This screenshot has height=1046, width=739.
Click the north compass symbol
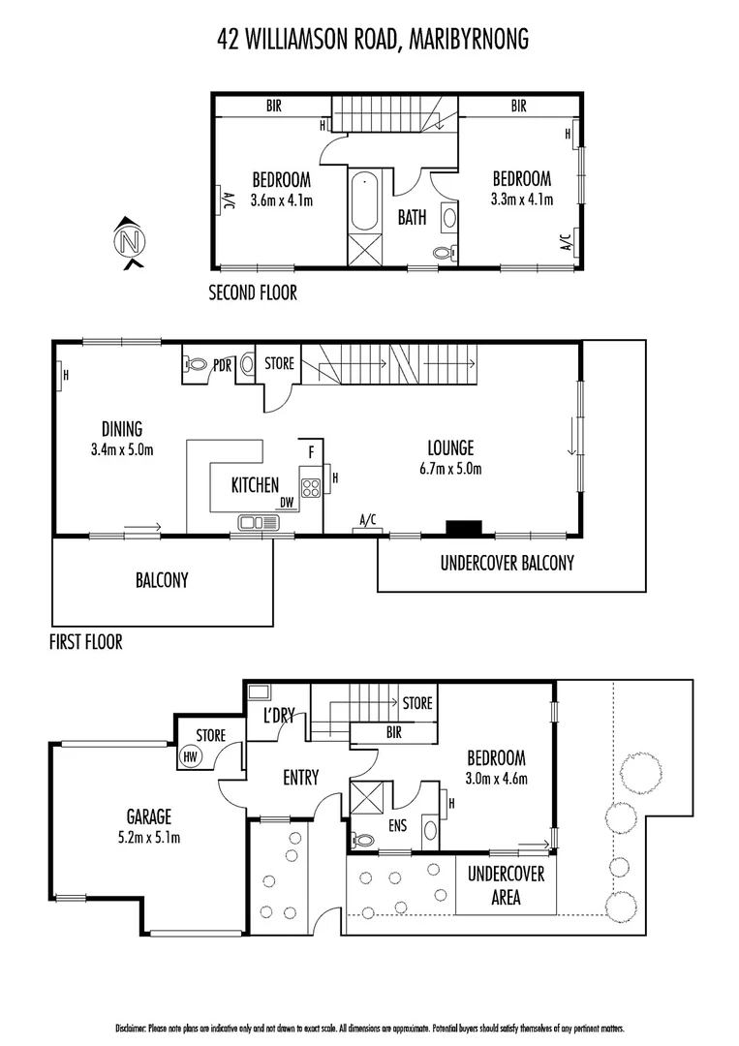pos(129,240)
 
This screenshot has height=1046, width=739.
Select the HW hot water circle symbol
pos(190,757)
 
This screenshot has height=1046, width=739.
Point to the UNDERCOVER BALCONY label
pos(507,563)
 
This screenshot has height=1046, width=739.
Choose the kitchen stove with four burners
pos(311,487)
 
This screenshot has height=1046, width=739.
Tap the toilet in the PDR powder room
pos(197,365)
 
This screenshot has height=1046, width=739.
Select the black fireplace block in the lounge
pos(463,528)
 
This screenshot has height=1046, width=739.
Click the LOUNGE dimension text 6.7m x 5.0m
pos(450,469)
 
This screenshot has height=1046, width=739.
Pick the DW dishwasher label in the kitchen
pos(287,502)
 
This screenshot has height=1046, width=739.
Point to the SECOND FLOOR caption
pos(253,292)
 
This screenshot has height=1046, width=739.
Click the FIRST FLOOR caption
pos(85,642)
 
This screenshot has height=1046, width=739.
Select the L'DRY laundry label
pos(279,716)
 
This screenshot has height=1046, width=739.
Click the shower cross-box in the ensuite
pos(367,800)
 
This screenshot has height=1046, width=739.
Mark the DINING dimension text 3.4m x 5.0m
pos(121,449)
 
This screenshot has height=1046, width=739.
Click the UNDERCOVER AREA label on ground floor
pos(506,885)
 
